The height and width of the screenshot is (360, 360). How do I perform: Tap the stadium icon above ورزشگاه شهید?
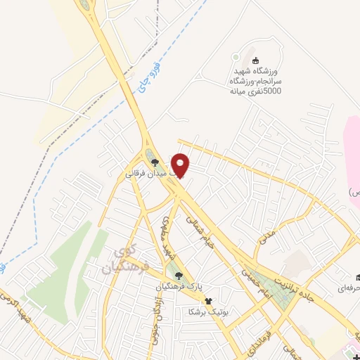click(x=255, y=61)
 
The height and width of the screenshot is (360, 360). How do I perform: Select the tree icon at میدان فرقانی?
click(x=155, y=163)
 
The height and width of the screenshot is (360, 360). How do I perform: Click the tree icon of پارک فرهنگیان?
click(x=178, y=276)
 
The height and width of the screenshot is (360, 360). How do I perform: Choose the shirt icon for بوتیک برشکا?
click(x=207, y=301)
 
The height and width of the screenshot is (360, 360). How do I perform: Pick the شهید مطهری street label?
click(x=167, y=235)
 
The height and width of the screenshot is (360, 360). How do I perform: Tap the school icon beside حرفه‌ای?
click(x=358, y=276)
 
